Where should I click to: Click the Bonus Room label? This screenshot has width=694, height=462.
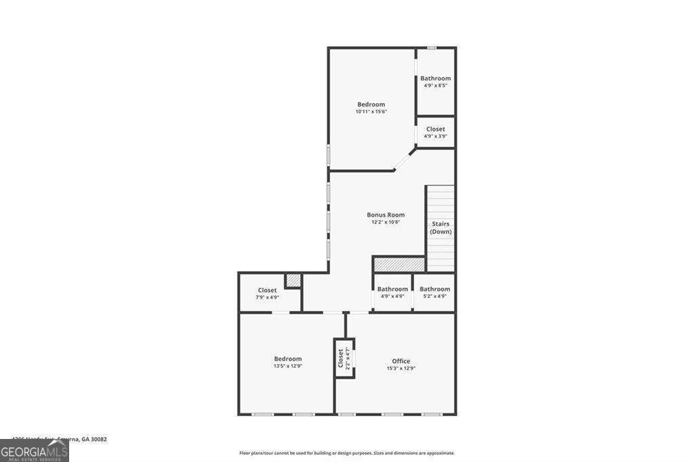point(386,215)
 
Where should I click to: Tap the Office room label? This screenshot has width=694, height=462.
point(401,361)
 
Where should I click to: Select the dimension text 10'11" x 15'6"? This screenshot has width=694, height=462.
point(371,112)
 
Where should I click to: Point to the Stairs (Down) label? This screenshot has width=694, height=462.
point(441,228)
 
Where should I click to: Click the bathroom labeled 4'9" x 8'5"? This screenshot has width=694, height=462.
point(435,81)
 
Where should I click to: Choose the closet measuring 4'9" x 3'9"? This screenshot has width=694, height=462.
point(435,132)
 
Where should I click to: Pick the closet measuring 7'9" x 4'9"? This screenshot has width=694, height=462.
point(267,293)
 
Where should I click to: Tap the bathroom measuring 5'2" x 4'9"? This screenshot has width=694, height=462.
point(434,292)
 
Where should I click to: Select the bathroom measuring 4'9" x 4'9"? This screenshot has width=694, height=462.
point(392,292)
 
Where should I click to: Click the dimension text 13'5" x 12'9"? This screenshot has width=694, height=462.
point(288,366)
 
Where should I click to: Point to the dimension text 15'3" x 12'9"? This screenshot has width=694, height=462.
point(401,369)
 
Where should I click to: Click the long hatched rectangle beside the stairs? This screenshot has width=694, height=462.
point(399,264)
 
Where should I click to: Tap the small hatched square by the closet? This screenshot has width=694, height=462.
point(293,280)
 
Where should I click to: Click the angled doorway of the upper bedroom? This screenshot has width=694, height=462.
point(405,160)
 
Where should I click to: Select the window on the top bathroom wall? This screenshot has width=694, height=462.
point(432,47)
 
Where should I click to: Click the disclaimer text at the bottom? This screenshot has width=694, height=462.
point(346,453)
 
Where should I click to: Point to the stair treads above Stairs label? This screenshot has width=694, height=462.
point(440,201)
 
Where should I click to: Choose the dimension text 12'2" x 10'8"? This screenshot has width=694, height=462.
point(386,222)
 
